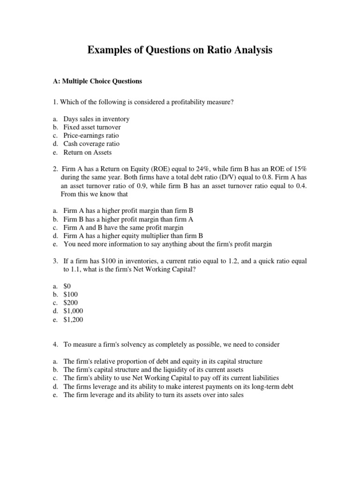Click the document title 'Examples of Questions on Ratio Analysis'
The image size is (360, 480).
(x=180, y=50)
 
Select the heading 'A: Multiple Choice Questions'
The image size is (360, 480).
(x=97, y=81)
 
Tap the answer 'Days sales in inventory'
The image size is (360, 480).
(x=97, y=119)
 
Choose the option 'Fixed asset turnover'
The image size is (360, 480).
(x=92, y=127)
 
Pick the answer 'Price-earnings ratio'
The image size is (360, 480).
(x=91, y=136)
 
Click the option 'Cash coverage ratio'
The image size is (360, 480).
(x=91, y=144)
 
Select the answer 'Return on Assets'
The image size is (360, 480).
(x=88, y=152)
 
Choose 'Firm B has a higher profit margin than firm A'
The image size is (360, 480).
(x=128, y=219)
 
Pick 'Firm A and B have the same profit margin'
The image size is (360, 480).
(x=123, y=228)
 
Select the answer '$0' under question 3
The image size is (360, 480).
(x=67, y=285)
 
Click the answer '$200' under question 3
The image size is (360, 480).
(x=71, y=302)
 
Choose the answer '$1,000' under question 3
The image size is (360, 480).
(x=73, y=311)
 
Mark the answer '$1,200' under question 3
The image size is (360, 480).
(x=73, y=319)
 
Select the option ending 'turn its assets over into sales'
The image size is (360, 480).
(x=153, y=395)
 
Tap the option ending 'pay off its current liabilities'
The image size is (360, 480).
(x=171, y=378)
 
